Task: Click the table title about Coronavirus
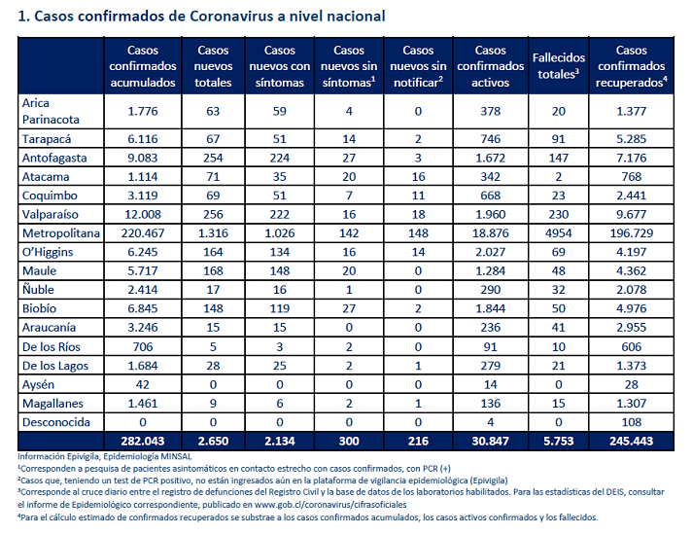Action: [x=201, y=17]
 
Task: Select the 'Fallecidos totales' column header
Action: [x=558, y=66]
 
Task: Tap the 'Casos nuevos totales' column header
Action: [x=213, y=66]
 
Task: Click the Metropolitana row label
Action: [x=61, y=232]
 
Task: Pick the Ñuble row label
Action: [x=39, y=289]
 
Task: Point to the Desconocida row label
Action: [x=56, y=422]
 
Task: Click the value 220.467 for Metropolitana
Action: [x=143, y=232]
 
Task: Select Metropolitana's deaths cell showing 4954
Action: [x=558, y=232]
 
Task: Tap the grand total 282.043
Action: [x=143, y=441]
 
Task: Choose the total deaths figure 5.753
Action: [x=558, y=441]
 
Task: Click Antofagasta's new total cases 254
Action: [x=213, y=158]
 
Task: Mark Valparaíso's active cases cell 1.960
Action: [x=490, y=214]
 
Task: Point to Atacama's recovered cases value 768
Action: [x=631, y=177]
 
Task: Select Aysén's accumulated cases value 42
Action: [x=143, y=384]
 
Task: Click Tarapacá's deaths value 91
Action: [x=558, y=139]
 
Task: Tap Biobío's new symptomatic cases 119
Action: [x=280, y=308]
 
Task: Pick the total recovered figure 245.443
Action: [x=631, y=441]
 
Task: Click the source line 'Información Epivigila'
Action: [x=105, y=456]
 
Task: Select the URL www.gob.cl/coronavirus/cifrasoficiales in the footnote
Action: [x=330, y=505]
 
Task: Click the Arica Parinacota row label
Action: [x=51, y=111]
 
